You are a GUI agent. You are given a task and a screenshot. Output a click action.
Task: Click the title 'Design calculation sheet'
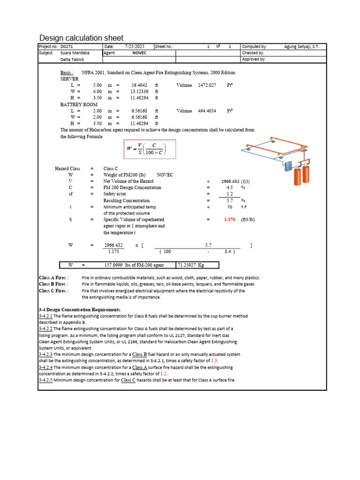coord(82,38)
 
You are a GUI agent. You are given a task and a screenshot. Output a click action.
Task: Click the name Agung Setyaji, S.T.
coord(301,47)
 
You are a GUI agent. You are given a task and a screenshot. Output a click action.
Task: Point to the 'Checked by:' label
coord(253,53)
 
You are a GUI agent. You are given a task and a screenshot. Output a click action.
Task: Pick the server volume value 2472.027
coord(207,85)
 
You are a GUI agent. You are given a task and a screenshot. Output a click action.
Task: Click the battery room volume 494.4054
coord(207,111)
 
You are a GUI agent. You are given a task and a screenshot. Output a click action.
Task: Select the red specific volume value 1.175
coord(230,219)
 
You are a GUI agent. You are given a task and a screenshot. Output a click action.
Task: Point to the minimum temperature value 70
coord(230,207)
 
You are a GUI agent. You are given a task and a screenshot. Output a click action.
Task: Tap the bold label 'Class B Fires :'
coord(53,284)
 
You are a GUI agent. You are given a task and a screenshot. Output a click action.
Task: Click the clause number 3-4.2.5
coord(45,380)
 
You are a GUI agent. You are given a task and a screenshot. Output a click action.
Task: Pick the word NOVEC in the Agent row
coord(139,53)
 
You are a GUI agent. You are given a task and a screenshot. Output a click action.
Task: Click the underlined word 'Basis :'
coord(67,73)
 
